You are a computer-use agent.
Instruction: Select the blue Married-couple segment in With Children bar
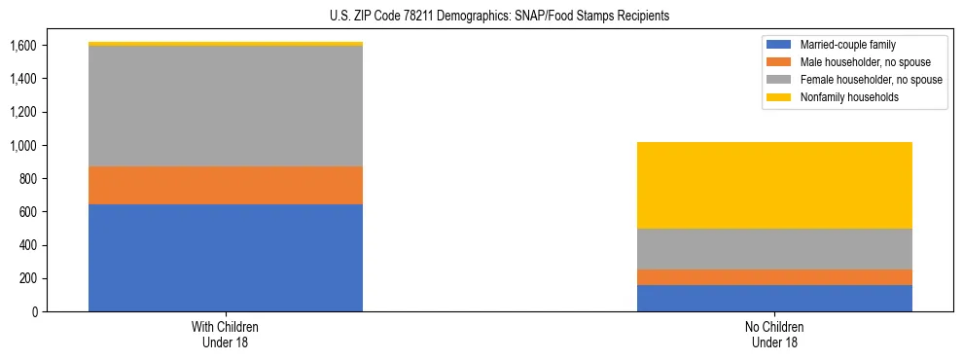[x=226, y=258]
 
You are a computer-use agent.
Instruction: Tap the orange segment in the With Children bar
[x=226, y=185]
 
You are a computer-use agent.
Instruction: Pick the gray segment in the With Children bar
[x=226, y=106]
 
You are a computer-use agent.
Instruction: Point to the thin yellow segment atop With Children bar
[x=226, y=44]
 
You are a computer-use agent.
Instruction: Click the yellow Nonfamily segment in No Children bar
[x=774, y=185]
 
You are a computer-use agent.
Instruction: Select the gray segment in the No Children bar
[x=774, y=249]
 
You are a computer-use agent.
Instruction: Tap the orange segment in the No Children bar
[x=774, y=277]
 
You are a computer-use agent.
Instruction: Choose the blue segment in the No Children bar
[x=774, y=298]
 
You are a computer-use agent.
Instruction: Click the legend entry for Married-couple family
[x=847, y=45]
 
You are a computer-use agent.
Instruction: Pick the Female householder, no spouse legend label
[x=871, y=80]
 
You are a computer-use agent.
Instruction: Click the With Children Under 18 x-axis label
[x=226, y=334]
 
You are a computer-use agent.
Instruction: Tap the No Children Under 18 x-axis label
[x=774, y=334]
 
